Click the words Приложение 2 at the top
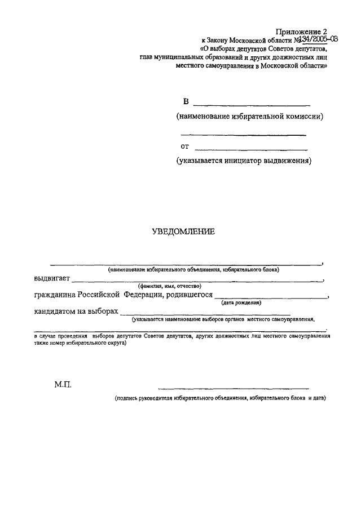[301, 32]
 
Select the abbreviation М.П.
[63, 387]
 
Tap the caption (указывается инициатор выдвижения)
[244, 161]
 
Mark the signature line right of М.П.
[234, 388]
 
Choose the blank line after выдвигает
[197, 280]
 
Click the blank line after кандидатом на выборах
[206, 314]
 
